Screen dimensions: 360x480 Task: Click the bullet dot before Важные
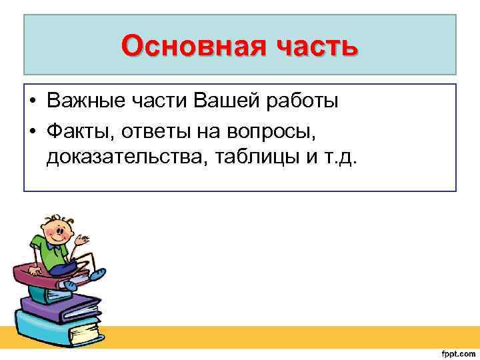(32, 102)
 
